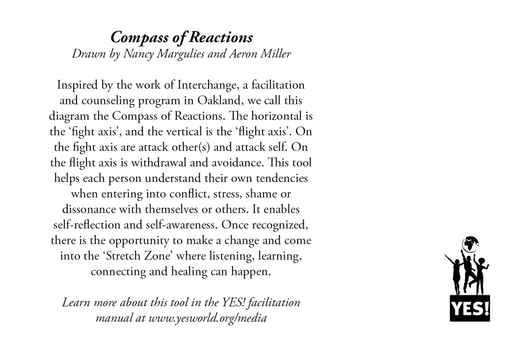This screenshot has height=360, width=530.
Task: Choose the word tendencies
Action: click(280, 178)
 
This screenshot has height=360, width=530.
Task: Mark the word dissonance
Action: click(88, 209)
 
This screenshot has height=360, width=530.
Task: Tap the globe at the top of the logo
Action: click(470, 244)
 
